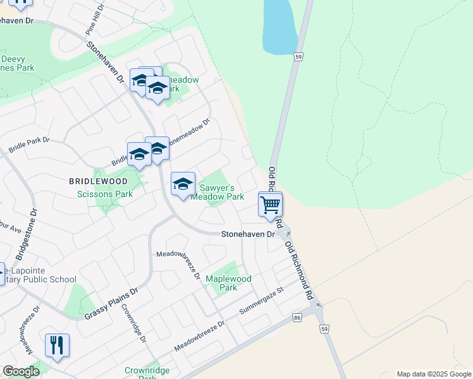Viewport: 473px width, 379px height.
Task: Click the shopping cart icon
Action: click(270, 205)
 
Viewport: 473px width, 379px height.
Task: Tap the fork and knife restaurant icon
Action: click(57, 346)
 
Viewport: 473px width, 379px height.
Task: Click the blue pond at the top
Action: click(278, 25)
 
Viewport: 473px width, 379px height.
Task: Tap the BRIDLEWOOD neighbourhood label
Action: click(98, 181)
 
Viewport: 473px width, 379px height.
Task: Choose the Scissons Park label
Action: click(105, 194)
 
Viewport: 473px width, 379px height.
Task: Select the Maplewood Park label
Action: click(228, 283)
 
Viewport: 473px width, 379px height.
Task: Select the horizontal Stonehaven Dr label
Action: click(248, 234)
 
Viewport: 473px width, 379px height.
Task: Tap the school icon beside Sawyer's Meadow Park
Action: click(183, 184)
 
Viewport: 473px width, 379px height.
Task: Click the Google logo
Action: click(21, 371)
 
